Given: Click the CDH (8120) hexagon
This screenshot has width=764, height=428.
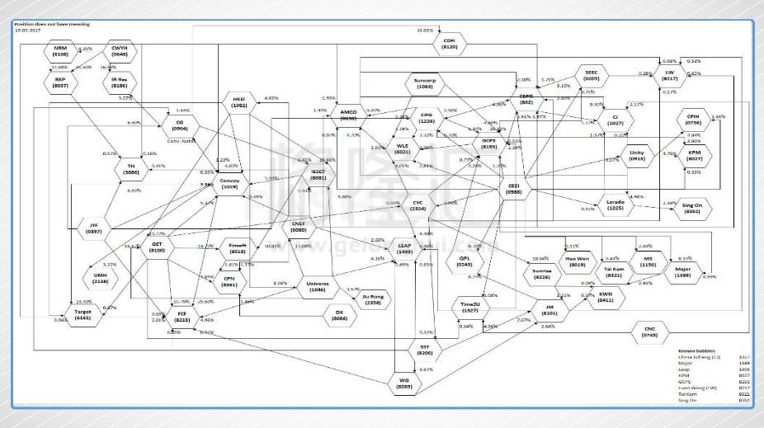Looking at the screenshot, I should point(449,45).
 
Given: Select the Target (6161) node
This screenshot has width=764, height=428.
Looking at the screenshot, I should point(83,313).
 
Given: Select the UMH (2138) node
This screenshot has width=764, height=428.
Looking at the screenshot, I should point(100,276).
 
